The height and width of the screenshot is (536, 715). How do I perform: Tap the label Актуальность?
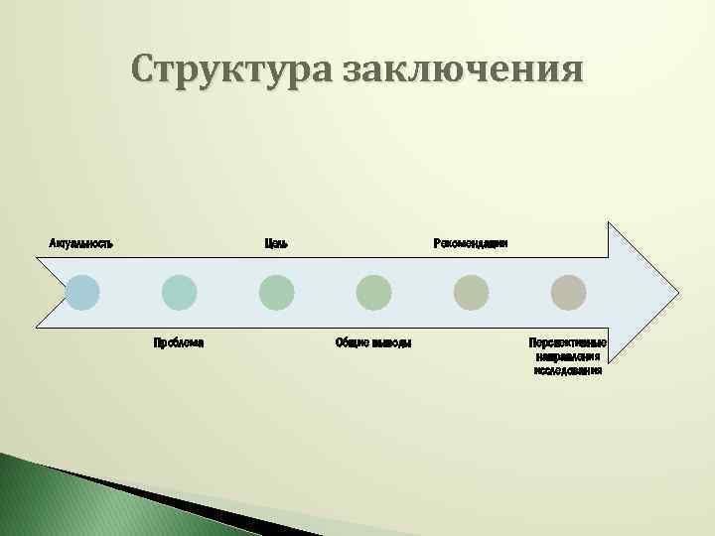[81, 243]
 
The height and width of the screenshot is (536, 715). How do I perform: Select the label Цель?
[277, 243]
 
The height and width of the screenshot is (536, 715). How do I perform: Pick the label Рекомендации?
[472, 243]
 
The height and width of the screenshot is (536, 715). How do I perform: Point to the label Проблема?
[179, 342]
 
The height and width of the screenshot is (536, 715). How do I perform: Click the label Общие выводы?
[374, 342]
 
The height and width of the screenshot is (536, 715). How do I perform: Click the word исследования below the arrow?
[568, 370]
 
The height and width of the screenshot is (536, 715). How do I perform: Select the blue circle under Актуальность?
[82, 293]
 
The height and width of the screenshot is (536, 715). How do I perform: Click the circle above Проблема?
[180, 293]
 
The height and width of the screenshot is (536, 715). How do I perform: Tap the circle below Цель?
[277, 293]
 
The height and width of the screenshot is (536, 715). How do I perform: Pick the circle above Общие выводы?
[374, 293]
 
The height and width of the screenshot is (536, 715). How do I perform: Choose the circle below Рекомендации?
[472, 293]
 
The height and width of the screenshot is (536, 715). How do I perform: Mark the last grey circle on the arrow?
[569, 293]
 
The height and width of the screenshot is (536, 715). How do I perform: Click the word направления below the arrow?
[568, 356]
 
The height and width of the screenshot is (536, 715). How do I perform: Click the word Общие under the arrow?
[353, 342]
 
